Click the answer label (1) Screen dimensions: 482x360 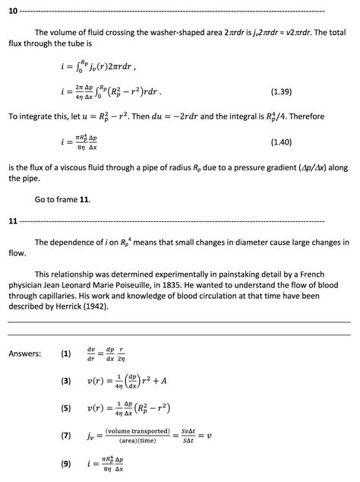pos(66,353)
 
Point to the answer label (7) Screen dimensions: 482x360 pos(66,436)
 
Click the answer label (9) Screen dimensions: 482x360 pos(66,463)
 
